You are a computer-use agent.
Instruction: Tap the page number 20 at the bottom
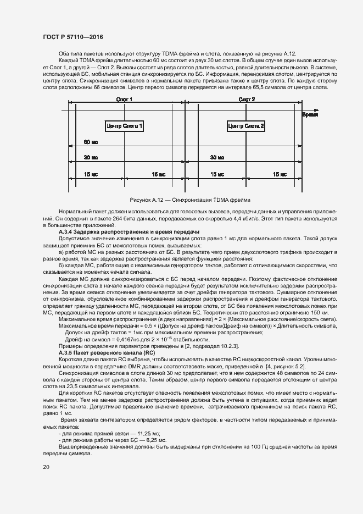click(x=46, y=467)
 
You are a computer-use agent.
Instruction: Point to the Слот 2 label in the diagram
click(x=247, y=99)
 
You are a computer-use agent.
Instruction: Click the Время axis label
click(x=310, y=116)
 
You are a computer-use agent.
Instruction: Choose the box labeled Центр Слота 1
click(x=125, y=126)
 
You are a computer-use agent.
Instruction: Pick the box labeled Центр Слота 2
click(x=246, y=126)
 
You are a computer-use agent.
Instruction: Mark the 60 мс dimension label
click(x=91, y=142)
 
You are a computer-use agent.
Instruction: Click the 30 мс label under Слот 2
click(x=217, y=158)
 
